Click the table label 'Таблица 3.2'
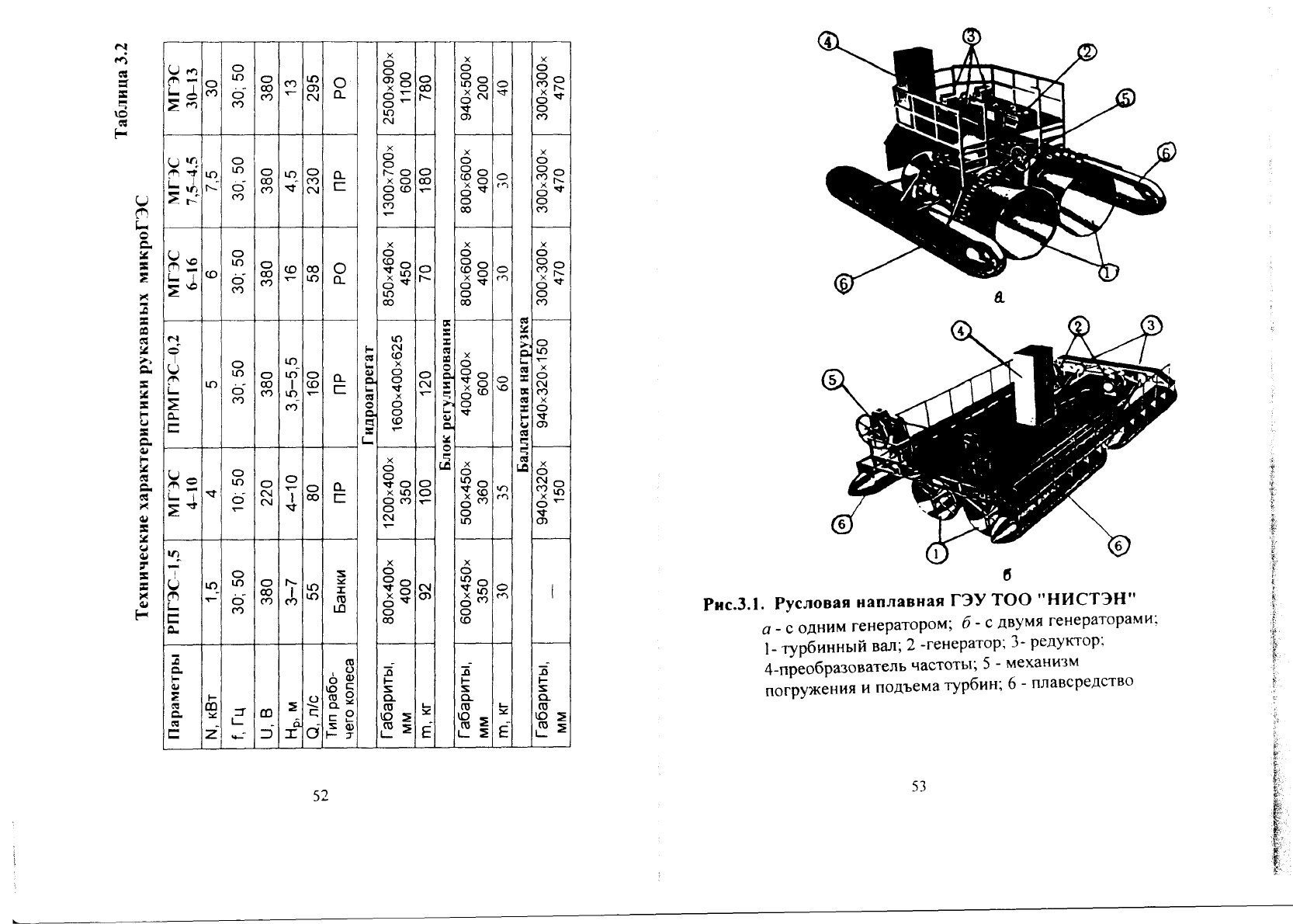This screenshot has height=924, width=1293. pos(122,91)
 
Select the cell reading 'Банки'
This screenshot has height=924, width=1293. pos(341,592)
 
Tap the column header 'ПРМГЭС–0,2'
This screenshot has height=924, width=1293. pos(181,384)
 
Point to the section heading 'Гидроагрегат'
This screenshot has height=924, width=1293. pos(368,396)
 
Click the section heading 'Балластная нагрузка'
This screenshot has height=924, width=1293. pos(523,394)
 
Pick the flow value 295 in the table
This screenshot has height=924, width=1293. pos(312,89)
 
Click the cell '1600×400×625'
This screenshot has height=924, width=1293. pos(396,383)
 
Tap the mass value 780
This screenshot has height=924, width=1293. pos(425,89)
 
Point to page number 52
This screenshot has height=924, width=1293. pos(321,796)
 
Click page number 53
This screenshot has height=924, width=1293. pos(919,786)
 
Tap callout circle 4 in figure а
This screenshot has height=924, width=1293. pos(828,42)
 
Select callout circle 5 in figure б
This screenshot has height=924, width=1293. pos(831,380)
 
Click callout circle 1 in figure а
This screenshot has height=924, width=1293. pos(1108,273)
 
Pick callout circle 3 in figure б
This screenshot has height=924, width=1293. pos(1150,325)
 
